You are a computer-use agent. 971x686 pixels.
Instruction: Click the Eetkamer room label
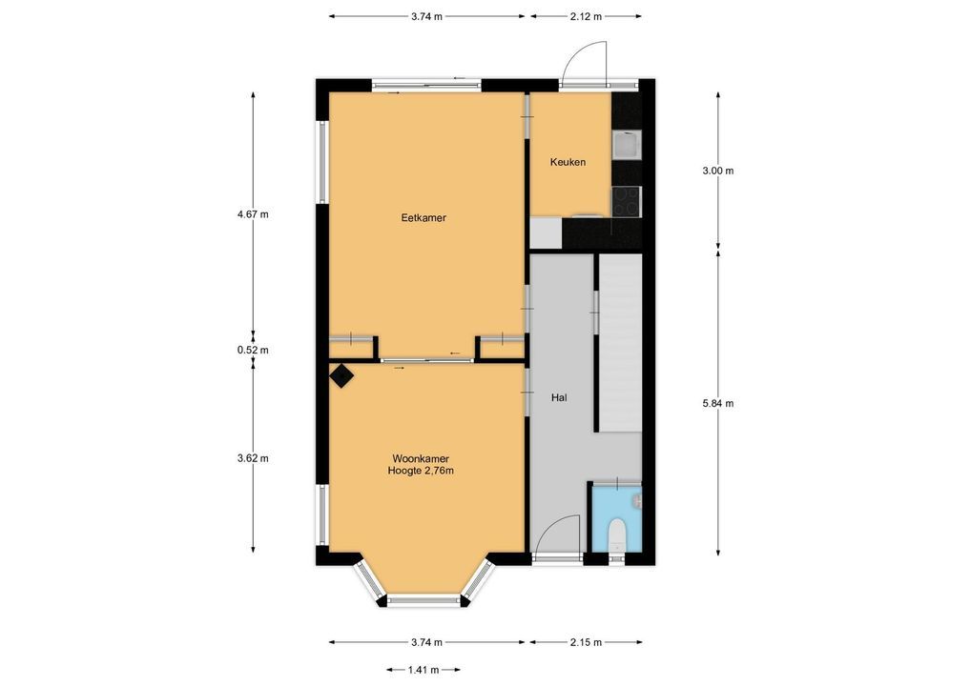(x=424, y=218)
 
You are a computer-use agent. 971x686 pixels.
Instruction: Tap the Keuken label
(x=568, y=162)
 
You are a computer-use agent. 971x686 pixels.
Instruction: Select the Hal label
(x=559, y=397)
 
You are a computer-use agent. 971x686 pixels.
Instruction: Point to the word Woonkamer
(x=421, y=459)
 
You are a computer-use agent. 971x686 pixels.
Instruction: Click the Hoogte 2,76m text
(x=421, y=471)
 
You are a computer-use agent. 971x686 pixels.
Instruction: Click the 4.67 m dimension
(x=253, y=214)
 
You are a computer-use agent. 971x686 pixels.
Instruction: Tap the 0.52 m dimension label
(x=253, y=350)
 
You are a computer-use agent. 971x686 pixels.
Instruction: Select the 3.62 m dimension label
(x=253, y=458)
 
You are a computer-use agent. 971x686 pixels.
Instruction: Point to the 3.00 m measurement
(x=717, y=171)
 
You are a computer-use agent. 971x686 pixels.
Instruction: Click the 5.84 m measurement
(x=717, y=403)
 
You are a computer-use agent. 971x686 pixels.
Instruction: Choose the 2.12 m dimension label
(x=586, y=17)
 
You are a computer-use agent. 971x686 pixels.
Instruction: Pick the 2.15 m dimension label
(x=586, y=642)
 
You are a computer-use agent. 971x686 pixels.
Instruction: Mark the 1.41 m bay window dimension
(x=424, y=669)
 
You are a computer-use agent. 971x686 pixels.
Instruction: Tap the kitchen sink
(x=627, y=145)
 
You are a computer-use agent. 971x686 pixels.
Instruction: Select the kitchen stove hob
(x=627, y=202)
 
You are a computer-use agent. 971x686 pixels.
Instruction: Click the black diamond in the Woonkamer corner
(x=341, y=375)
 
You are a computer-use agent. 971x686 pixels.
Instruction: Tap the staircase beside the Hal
(x=620, y=343)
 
